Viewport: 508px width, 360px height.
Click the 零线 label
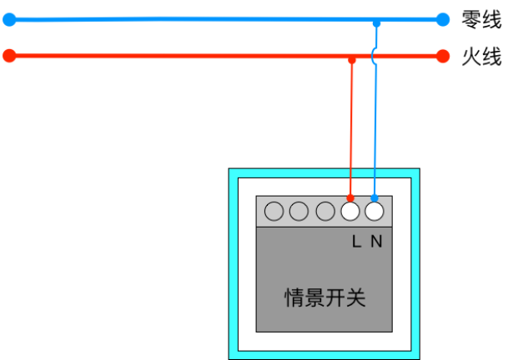(481, 20)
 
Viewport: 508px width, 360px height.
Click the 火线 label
(481, 57)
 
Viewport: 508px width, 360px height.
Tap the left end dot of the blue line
(9, 20)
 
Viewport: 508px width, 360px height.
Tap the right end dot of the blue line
(443, 19)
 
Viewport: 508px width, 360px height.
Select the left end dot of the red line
(9, 56)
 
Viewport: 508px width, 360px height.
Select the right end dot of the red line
(443, 56)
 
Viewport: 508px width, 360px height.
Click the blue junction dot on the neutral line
(376, 23)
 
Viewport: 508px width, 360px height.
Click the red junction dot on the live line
(352, 60)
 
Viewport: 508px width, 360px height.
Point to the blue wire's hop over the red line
(373, 57)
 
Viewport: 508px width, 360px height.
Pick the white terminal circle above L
(350, 212)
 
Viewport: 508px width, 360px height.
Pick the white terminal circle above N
(375, 212)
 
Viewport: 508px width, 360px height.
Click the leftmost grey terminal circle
(274, 212)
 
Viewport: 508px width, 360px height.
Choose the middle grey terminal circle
(299, 212)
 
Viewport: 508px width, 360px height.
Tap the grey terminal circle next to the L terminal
(325, 212)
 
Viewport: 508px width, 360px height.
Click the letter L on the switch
(356, 242)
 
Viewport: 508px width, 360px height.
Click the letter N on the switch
(376, 242)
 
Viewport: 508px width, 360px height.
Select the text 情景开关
(325, 297)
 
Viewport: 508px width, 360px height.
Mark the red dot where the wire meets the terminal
(350, 198)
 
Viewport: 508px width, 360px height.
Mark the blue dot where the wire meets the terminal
(375, 198)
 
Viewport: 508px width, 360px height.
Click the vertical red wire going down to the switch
(351, 129)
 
